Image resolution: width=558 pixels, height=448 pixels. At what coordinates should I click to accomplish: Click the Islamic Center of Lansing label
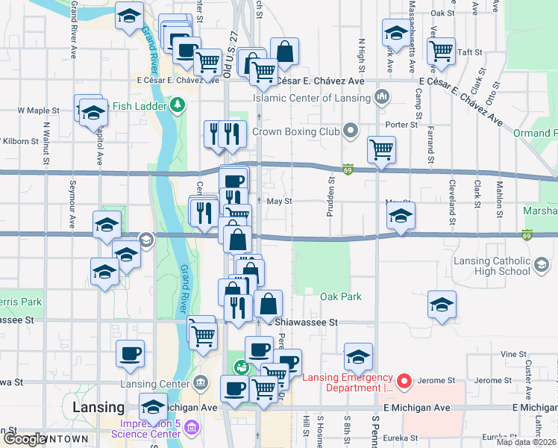click(311, 98)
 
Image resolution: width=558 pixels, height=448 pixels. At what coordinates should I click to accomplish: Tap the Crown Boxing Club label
click(295, 131)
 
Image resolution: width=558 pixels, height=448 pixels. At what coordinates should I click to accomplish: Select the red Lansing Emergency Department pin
click(404, 382)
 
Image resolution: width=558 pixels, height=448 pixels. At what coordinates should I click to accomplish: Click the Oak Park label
click(341, 296)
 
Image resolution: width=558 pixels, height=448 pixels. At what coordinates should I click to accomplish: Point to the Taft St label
click(469, 52)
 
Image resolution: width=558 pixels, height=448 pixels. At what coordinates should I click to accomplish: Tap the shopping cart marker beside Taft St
click(442, 51)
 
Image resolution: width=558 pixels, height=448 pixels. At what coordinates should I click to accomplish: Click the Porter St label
click(401, 124)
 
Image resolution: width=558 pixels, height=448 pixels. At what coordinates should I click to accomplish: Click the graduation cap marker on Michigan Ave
click(154, 407)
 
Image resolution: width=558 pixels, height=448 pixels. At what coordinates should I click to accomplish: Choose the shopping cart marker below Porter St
click(381, 149)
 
